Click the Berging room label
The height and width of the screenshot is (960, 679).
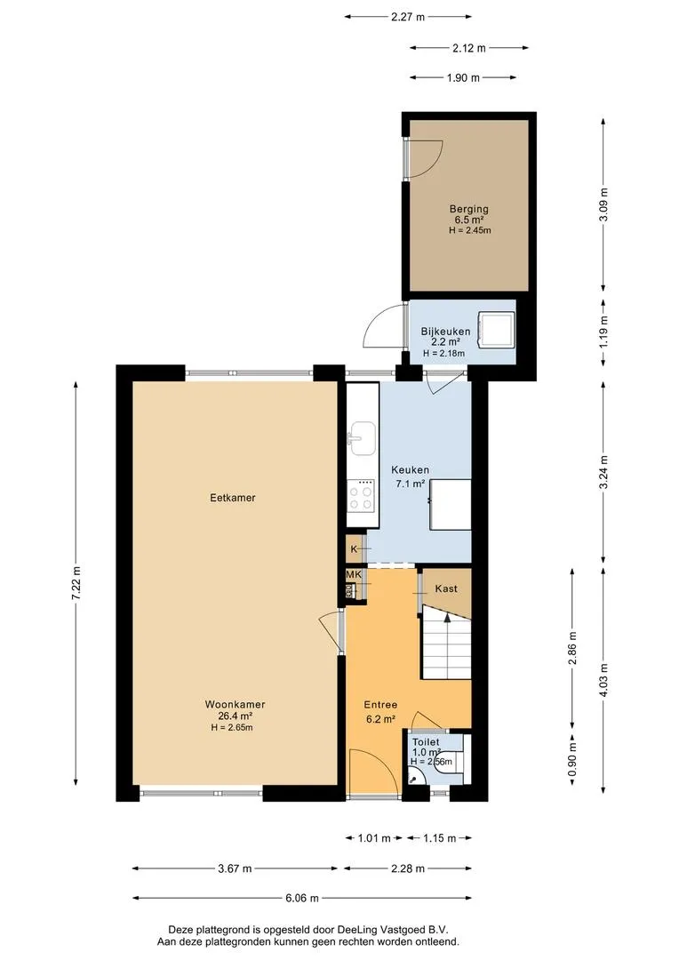click(x=469, y=209)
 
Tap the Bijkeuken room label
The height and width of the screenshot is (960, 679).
click(x=445, y=332)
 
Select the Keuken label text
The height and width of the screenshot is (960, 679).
click(x=411, y=469)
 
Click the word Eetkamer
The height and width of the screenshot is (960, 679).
click(x=233, y=498)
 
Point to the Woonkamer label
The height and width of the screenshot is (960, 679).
click(x=236, y=705)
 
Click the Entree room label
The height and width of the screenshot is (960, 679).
click(x=381, y=705)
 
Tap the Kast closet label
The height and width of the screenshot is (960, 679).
click(x=446, y=588)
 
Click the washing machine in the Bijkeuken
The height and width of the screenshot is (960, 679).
click(x=497, y=329)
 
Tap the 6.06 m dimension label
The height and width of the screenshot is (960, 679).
click(x=302, y=898)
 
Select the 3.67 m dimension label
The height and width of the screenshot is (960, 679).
click(x=236, y=868)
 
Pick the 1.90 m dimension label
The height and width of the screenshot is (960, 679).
click(x=463, y=77)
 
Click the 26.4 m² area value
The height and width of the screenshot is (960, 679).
click(x=236, y=716)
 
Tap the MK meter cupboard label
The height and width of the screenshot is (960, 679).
click(x=354, y=575)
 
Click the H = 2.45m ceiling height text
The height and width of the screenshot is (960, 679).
click(x=469, y=231)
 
